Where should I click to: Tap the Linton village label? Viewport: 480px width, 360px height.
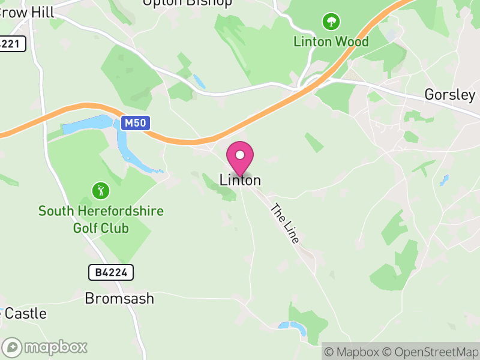pos(240,180)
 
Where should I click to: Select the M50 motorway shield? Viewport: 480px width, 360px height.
pos(135,124)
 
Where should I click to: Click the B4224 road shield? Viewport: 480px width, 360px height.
pos(111,272)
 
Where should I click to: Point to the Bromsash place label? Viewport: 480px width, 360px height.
pos(119,298)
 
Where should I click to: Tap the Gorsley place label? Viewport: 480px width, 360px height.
pos(449,95)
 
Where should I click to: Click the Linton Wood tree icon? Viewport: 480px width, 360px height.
pos(331,23)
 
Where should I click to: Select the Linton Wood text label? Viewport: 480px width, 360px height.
pos(331,42)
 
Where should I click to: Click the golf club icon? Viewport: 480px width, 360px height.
pos(101,191)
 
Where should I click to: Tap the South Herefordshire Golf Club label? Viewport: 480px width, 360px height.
pos(101,220)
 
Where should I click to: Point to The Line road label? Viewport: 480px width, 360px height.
pos(285,223)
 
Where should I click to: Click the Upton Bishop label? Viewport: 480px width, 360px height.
pos(187,2)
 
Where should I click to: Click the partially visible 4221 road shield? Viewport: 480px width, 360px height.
pos(12,44)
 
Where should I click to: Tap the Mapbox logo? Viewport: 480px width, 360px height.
pos(45,347)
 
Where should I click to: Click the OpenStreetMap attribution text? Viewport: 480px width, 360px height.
pos(429,352)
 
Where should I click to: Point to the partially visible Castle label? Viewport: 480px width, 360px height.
pos(24,313)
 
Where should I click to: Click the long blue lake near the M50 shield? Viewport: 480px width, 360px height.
pos(90,127)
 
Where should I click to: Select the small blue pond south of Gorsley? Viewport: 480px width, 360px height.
pos(444,179)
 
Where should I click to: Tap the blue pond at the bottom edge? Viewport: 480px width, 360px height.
pos(293,326)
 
